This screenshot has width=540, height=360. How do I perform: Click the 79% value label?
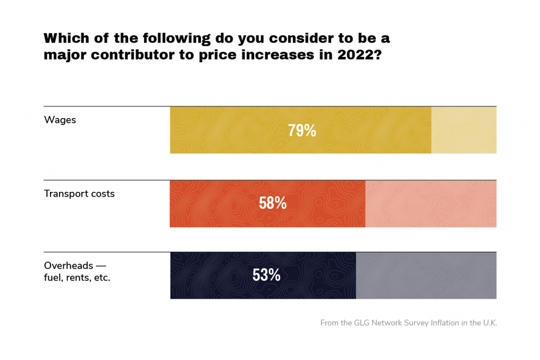coord(302,131)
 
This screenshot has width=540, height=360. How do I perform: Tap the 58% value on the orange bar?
coord(273,203)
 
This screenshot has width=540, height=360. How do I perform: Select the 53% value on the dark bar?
coord(266,275)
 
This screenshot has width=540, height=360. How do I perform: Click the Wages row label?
coord(60,120)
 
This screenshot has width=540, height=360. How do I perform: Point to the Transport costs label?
coord(79,193)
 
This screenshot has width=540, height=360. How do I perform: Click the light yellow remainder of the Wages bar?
coord(464,130)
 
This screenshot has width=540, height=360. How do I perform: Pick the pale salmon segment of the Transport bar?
coord(430,203)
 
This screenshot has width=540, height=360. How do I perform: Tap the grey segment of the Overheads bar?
coord(426,276)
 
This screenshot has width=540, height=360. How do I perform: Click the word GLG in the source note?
coord(363,323)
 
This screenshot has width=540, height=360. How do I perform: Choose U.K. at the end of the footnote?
coord(488,323)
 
